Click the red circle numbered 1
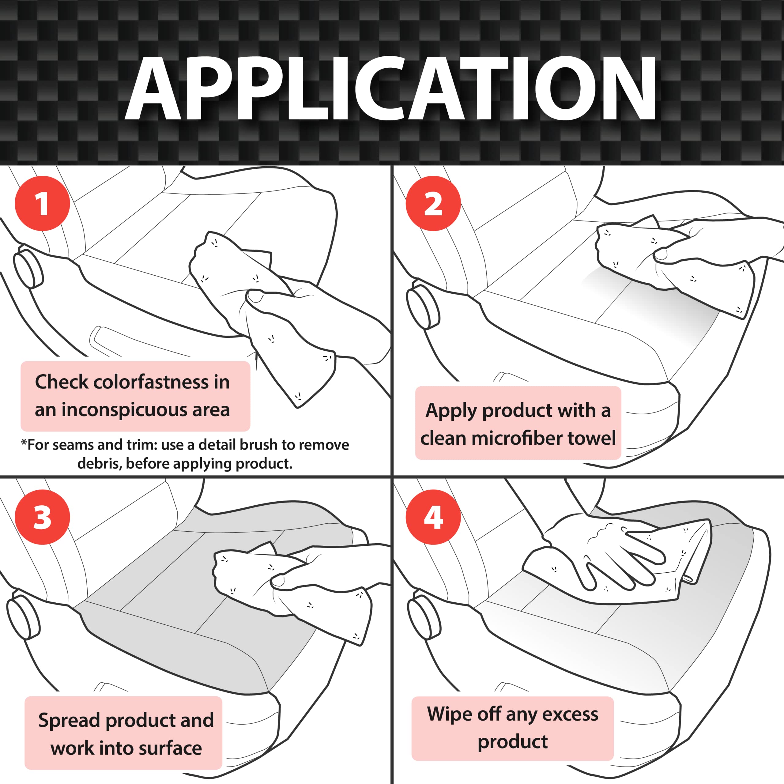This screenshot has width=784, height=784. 42,203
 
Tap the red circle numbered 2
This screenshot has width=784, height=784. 433,203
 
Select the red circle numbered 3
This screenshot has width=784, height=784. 42,517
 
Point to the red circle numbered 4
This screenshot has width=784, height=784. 433,517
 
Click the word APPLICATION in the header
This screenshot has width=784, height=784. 391,88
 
